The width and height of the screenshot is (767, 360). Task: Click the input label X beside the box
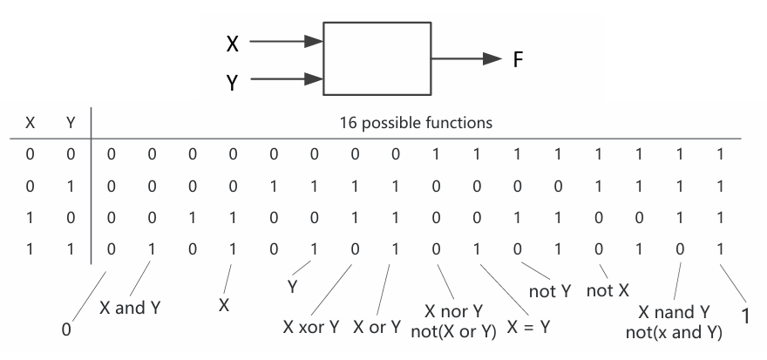[x=233, y=44]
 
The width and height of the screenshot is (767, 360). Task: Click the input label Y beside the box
[x=233, y=83]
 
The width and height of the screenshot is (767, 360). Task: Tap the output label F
[x=519, y=59]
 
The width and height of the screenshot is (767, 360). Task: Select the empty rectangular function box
[x=377, y=58]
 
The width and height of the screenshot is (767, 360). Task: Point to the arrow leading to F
[x=466, y=58]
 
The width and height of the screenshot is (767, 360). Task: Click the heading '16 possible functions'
[x=416, y=122]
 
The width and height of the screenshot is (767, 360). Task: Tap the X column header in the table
[x=30, y=123]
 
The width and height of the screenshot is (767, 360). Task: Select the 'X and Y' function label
[x=130, y=308]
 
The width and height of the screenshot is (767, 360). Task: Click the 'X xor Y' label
[x=311, y=327]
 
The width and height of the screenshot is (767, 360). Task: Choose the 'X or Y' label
[x=377, y=327]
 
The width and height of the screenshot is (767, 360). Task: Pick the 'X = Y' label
[x=528, y=327]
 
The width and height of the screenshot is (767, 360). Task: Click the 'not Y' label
[x=550, y=291]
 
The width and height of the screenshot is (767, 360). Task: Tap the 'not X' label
[x=607, y=291]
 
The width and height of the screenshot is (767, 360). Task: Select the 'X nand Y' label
[x=674, y=311]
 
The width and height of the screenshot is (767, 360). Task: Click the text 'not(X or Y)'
[x=453, y=331]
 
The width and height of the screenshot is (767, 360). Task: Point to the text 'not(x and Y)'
[x=674, y=333]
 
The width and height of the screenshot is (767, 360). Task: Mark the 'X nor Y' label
[x=453, y=311]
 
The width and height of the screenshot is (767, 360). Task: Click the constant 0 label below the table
[x=66, y=330]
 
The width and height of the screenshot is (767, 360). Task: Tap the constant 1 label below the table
[x=746, y=317]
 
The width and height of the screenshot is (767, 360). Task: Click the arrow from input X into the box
[x=286, y=42]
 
